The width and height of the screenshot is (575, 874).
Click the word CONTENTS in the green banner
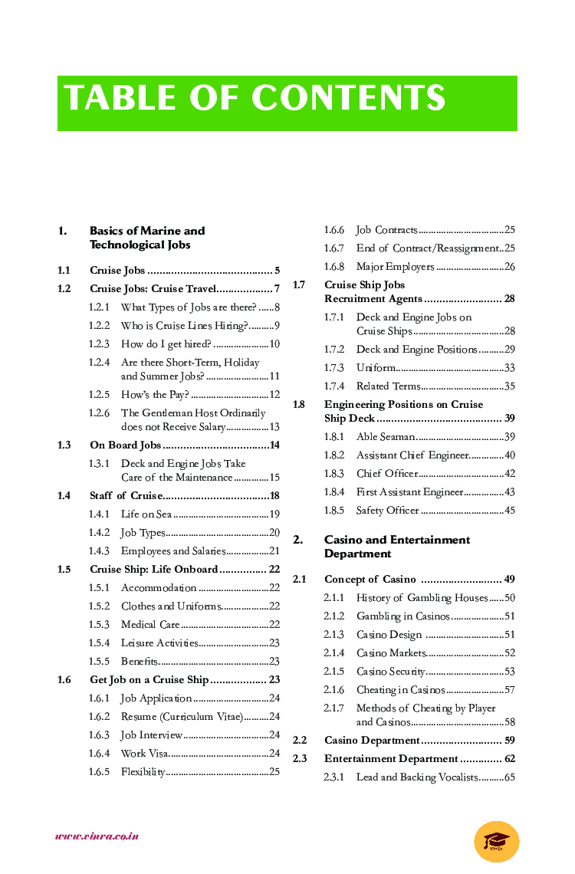[349, 98]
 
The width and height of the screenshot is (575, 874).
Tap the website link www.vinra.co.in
[97, 836]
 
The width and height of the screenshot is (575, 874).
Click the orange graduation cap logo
[496, 841]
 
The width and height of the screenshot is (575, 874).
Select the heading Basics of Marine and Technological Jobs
[147, 238]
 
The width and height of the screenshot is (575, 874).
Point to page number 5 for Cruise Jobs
[277, 271]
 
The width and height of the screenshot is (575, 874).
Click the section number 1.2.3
[99, 344]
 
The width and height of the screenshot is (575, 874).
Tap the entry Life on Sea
[146, 514]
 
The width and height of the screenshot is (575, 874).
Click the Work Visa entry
[144, 754]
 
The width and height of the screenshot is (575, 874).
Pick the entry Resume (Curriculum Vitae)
[182, 717]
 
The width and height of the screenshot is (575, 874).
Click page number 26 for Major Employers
[510, 267]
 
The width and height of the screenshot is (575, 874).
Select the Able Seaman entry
[386, 437]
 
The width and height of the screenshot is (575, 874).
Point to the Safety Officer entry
[387, 511]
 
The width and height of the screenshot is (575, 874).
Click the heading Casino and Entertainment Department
[397, 547]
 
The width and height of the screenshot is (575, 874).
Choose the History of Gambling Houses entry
[422, 598]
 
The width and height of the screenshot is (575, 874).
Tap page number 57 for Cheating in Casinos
[510, 690]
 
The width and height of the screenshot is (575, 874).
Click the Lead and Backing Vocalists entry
[417, 777]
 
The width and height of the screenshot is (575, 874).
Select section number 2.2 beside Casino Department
[300, 741]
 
